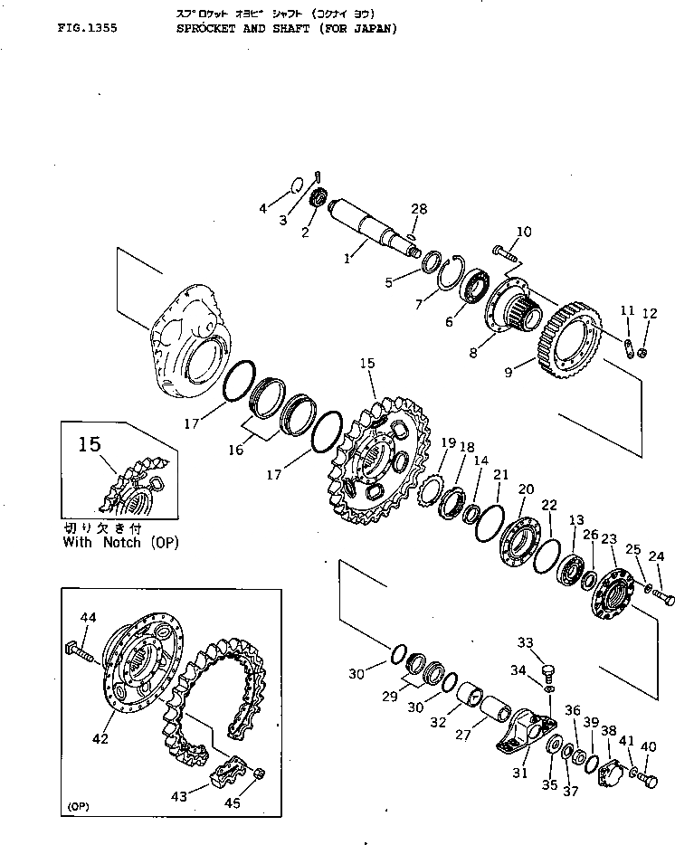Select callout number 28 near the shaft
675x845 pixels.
417,209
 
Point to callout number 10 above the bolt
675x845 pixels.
524,232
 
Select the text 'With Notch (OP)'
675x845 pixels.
121,543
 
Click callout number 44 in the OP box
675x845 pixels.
88,618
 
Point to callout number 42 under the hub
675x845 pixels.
100,739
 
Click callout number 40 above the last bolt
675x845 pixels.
648,747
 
